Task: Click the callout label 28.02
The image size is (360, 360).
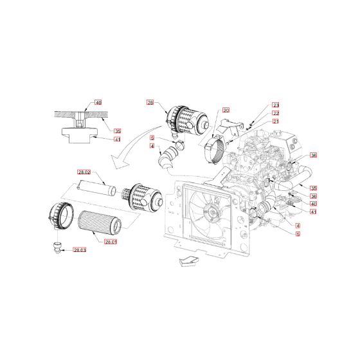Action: click(85, 172)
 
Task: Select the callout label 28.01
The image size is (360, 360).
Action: click(110, 242)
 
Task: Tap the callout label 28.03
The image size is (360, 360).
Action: click(80, 249)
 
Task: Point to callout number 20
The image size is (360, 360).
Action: click(226, 110)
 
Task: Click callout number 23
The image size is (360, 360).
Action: click(275, 105)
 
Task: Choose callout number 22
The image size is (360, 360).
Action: click(275, 113)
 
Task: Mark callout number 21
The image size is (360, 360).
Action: click(275, 121)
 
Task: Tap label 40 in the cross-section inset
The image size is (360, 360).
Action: click(98, 102)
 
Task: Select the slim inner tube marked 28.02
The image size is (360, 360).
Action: click(94, 189)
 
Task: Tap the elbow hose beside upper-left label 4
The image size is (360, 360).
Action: click(168, 157)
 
